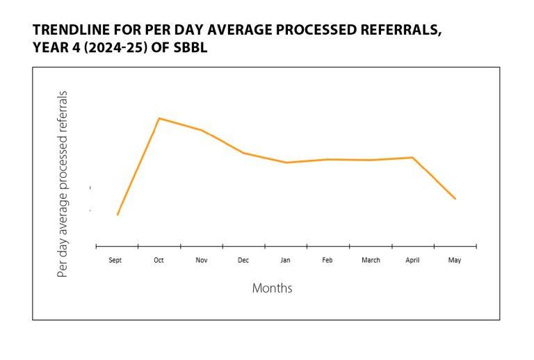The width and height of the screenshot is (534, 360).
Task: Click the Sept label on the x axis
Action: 115,261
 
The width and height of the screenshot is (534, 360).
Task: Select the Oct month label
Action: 159,261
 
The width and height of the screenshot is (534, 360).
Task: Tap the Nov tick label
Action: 201,261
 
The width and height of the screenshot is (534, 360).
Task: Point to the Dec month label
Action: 243,261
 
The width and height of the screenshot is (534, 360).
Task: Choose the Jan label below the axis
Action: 285,261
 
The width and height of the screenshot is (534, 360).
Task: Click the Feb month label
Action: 327,261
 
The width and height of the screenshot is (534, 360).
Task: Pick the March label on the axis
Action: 371,261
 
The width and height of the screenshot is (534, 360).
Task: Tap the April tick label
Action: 413,261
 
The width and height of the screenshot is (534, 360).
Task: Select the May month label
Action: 455,261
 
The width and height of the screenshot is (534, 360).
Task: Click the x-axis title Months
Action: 272,288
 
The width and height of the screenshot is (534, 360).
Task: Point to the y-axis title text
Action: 63,184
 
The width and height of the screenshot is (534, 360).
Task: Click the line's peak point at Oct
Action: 159,118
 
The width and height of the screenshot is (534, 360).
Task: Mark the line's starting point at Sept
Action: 118,215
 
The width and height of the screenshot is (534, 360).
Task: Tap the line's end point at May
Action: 455,199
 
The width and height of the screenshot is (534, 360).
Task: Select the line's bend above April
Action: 413,158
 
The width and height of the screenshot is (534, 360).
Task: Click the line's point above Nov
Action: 202,130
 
